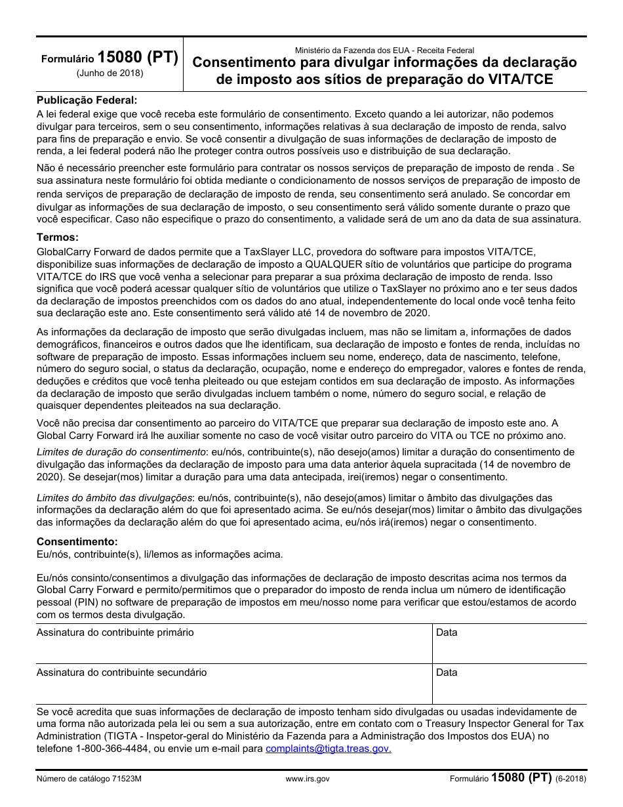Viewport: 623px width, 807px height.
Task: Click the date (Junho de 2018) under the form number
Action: tap(110, 73)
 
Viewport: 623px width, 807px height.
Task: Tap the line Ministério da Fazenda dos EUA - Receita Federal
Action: tap(384, 50)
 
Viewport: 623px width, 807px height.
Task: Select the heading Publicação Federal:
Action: tap(87, 100)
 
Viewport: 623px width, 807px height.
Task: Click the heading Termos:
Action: tap(58, 238)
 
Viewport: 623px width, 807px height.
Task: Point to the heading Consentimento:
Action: tap(77, 542)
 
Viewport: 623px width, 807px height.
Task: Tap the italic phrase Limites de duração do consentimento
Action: tap(121, 452)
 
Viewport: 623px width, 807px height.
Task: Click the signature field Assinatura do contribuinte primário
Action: tap(233, 644)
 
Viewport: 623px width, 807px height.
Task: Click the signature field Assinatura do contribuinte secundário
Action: tap(233, 684)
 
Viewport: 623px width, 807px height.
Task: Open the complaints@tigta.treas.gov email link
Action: tap(328, 749)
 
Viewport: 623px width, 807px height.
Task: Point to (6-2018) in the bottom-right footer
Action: tap(570, 779)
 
